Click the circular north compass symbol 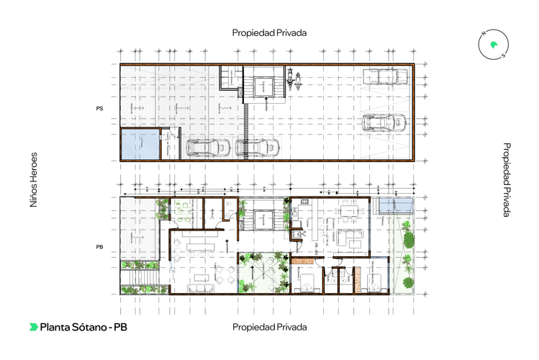pos(494,45)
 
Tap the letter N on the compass pos(485,34)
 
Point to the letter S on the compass pos(504,55)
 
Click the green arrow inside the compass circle pos(494,45)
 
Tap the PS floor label pos(100,108)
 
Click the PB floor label pos(100,247)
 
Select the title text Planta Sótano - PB pos(83,327)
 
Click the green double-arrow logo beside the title pos(34,327)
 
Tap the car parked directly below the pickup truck pos(381,122)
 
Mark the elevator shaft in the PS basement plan pos(264,87)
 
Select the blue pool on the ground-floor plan pos(396,206)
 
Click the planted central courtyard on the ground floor pos(262,273)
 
